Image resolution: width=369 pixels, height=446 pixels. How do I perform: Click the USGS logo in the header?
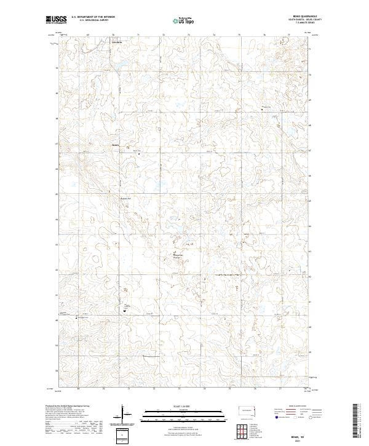point(56,20)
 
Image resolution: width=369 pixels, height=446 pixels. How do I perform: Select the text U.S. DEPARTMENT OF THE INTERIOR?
point(93,17)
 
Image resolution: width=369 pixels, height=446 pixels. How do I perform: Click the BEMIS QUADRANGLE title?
point(301,17)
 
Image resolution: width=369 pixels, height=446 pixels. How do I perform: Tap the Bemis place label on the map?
point(116,145)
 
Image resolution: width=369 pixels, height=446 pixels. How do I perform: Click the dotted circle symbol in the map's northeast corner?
point(284,41)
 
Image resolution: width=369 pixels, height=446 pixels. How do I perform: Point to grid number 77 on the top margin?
point(280,34)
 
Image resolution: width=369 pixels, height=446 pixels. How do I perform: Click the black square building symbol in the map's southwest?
point(125,311)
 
